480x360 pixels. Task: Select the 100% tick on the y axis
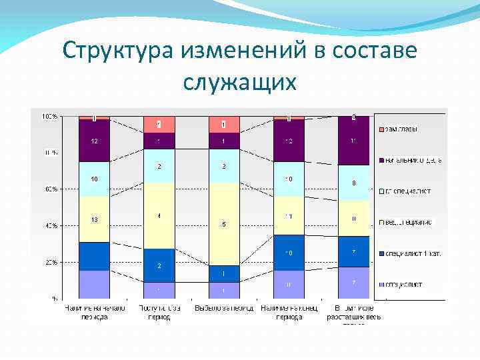49,116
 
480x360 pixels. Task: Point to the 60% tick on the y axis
51,189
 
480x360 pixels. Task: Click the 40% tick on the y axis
51,225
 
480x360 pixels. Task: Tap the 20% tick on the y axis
51,262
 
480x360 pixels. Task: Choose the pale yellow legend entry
408,222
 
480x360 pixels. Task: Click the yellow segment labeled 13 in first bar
94,219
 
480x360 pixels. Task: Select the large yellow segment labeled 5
224,223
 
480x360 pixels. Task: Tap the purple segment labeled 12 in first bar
94,141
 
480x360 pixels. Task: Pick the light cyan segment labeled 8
353,183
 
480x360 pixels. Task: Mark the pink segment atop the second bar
159,124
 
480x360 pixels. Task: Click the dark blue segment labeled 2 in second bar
159,265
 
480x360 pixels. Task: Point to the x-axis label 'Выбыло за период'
223,308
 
